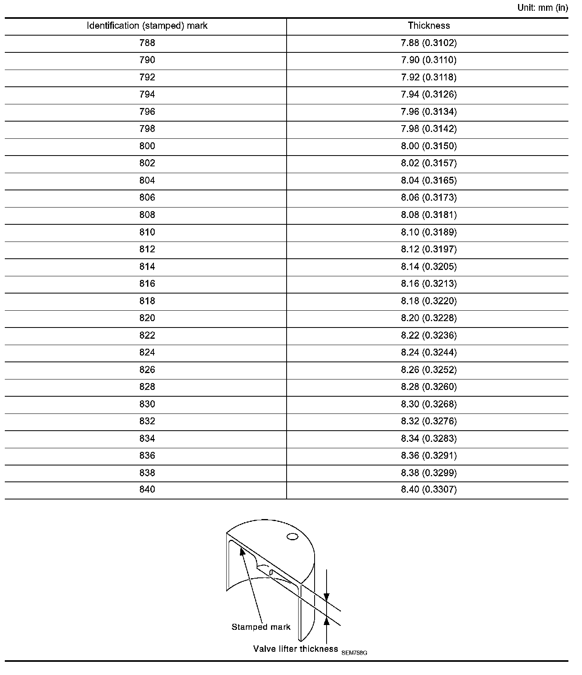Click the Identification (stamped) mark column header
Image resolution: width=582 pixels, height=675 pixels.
[x=147, y=26]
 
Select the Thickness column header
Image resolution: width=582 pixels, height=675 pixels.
[x=429, y=26]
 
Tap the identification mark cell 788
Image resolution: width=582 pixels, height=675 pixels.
[x=147, y=43]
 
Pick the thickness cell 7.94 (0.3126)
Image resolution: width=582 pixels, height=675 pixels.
[x=429, y=95]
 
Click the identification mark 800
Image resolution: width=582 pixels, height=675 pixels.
[x=147, y=146]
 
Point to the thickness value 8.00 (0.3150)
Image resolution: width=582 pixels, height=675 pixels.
[x=429, y=146]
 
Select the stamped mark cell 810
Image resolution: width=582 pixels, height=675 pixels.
[x=147, y=232]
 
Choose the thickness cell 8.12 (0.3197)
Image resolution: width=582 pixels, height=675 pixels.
[x=429, y=250]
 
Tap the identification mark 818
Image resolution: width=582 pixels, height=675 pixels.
[x=147, y=301]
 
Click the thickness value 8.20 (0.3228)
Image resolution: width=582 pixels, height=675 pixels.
[x=429, y=318]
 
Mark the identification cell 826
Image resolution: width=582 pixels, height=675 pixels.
[x=147, y=370]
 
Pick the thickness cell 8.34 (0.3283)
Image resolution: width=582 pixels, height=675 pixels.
[x=429, y=439]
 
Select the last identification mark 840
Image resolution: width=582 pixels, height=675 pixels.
[x=147, y=490]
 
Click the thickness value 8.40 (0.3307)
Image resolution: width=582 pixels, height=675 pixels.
[x=429, y=490]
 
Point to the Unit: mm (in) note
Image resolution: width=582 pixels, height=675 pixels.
[x=542, y=8]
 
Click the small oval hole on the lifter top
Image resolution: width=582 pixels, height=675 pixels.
[x=293, y=537]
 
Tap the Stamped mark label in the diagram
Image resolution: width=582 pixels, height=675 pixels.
[x=261, y=627]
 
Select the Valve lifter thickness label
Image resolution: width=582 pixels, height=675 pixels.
[x=295, y=649]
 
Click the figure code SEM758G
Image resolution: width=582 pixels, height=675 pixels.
[x=354, y=653]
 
